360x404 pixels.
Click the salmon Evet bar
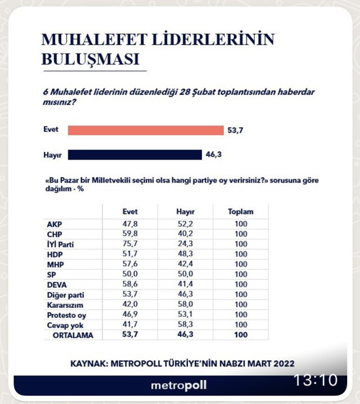[x=145, y=130]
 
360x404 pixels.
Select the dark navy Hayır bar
[x=134, y=155]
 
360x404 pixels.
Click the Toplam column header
[x=240, y=212]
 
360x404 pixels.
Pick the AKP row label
[x=55, y=224]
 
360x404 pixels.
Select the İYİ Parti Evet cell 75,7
[x=130, y=244]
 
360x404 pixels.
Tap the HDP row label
[x=55, y=254]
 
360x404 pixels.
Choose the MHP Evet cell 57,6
[x=130, y=264]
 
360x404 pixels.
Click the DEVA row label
[x=57, y=284]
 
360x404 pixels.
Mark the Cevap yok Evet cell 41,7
[x=130, y=325]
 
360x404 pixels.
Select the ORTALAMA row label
[x=73, y=335]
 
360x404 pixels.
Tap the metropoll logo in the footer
[x=179, y=385]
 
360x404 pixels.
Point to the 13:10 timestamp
[x=315, y=380]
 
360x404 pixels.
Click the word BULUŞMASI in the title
[x=90, y=59]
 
